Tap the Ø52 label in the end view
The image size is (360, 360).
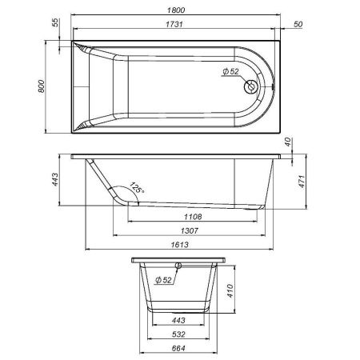click(x=163, y=280)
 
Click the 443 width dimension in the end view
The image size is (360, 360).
click(x=179, y=320)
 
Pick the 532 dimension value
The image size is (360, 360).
click(x=179, y=334)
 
